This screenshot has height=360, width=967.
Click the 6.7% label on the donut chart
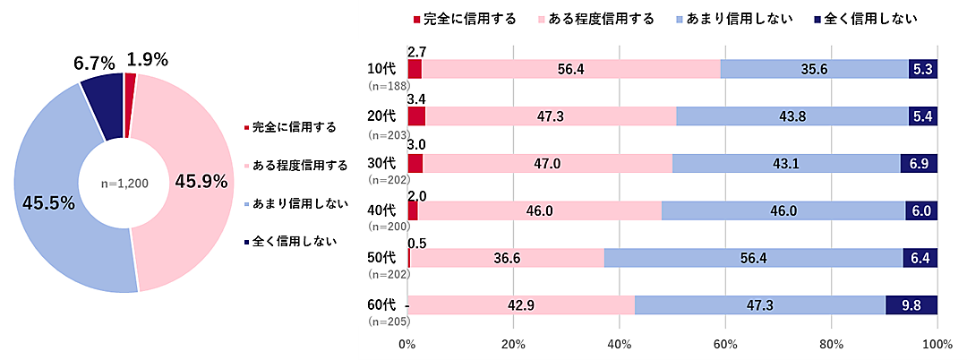pyautogui.click(x=93, y=63)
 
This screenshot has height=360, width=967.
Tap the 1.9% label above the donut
pyautogui.click(x=148, y=60)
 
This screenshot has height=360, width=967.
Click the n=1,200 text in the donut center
pyautogui.click(x=124, y=183)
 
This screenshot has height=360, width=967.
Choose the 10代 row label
pyautogui.click(x=381, y=69)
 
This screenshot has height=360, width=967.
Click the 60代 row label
pyautogui.click(x=381, y=304)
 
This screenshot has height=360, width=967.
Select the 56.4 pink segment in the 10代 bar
pyautogui.click(x=570, y=69)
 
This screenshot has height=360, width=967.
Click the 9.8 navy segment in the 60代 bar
pyautogui.click(x=911, y=304)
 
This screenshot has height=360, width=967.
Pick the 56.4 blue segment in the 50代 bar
pyautogui.click(x=753, y=257)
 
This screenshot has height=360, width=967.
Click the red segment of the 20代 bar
pyautogui.click(x=416, y=116)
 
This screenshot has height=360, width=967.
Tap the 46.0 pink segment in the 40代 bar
pyautogui.click(x=539, y=210)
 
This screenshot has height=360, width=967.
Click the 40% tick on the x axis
pyautogui.click(x=620, y=344)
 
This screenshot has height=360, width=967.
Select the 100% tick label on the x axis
pyautogui.click(x=937, y=344)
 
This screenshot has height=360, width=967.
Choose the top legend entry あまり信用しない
pyautogui.click(x=732, y=18)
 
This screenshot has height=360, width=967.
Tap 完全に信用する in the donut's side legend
pyautogui.click(x=294, y=127)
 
